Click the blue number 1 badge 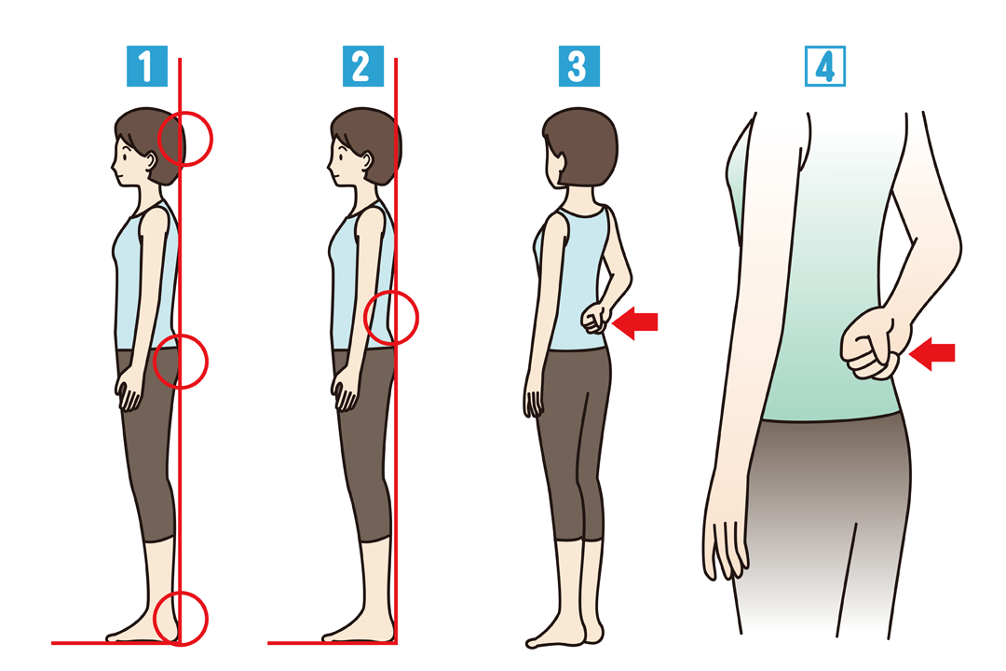[x=147, y=66]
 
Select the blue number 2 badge [x=363, y=66]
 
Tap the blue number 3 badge [x=579, y=66]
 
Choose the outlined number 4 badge [x=825, y=66]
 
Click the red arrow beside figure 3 [x=635, y=322]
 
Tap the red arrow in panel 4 [x=932, y=353]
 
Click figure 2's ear [x=368, y=160]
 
